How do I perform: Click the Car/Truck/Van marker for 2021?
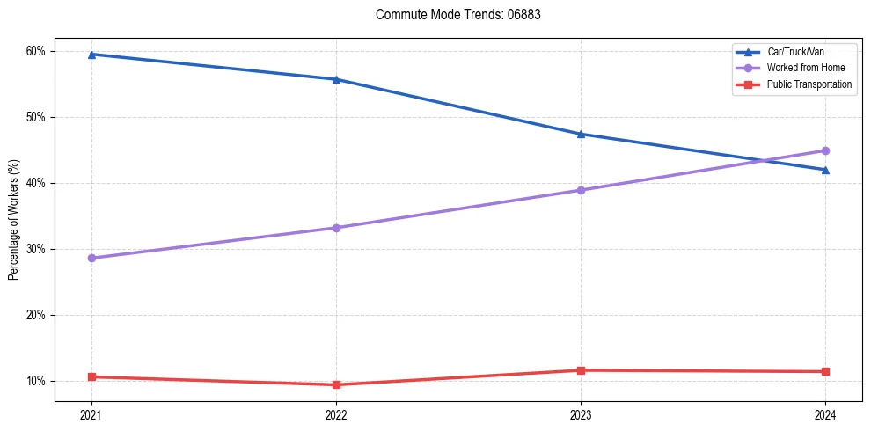[x=91, y=55]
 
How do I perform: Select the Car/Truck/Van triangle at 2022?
[x=336, y=79]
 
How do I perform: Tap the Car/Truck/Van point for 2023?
[x=581, y=134]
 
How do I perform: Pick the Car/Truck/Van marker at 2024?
[x=825, y=170]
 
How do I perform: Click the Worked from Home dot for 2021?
[x=91, y=258]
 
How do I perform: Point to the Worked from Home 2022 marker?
[x=336, y=228]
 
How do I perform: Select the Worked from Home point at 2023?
[x=581, y=190]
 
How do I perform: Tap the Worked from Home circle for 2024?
[x=825, y=150]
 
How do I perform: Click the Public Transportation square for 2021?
[x=91, y=376]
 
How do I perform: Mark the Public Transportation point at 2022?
[x=336, y=384]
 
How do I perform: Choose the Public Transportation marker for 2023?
[x=581, y=370]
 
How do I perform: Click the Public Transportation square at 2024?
[x=825, y=371]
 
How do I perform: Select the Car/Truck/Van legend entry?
[x=795, y=52]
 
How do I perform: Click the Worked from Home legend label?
[x=805, y=68]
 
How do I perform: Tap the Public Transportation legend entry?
[x=809, y=84]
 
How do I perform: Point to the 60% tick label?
[x=36, y=51]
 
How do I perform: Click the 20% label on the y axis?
[x=36, y=315]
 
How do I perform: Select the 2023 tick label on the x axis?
[x=581, y=413]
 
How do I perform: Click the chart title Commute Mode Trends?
[x=451, y=15]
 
